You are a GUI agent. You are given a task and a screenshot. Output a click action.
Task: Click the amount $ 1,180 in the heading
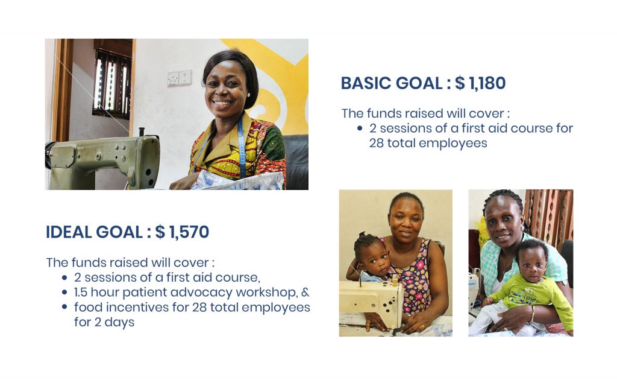[x=480, y=83]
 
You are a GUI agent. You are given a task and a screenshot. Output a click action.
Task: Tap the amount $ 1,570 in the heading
[x=182, y=232]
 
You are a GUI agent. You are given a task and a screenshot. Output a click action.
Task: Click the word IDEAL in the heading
[x=69, y=232]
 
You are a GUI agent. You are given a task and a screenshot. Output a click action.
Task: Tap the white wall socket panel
[x=180, y=78]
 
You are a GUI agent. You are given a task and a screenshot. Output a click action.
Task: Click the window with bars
[x=112, y=83]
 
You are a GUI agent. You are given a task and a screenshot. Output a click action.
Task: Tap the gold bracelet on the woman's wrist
[x=532, y=315]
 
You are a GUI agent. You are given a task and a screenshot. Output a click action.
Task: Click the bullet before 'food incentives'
[x=64, y=307]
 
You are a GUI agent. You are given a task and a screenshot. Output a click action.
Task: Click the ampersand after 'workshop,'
[x=305, y=293]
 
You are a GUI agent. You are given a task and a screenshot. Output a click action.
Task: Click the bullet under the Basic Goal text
[x=360, y=128]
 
